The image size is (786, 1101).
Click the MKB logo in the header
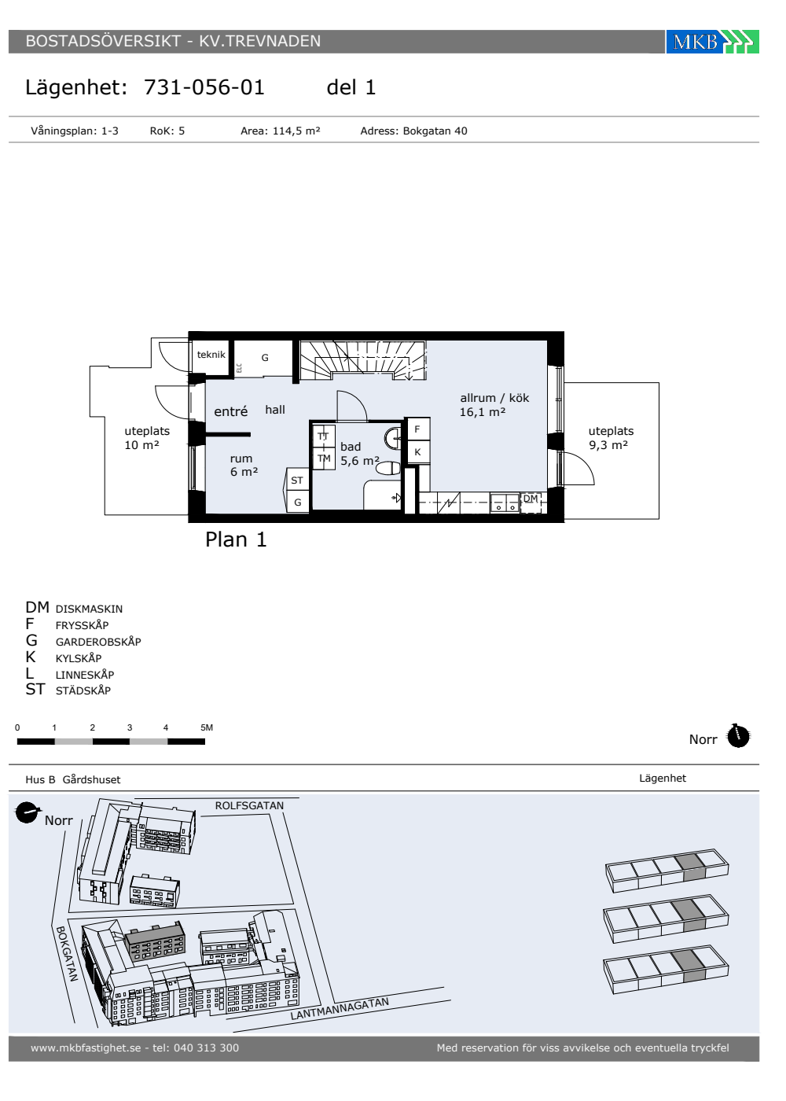(x=712, y=41)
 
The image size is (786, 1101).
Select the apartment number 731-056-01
(x=204, y=87)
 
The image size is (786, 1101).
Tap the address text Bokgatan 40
(x=435, y=131)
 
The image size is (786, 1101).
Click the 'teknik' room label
(x=211, y=355)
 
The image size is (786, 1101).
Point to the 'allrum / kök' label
(x=494, y=398)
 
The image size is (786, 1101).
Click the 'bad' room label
(x=351, y=447)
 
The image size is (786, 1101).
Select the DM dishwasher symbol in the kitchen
(x=531, y=502)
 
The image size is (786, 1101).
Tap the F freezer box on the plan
(x=417, y=429)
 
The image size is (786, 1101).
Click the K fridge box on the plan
(x=417, y=451)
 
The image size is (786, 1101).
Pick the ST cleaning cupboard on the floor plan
(x=297, y=480)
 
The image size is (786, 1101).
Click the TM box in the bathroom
(x=324, y=458)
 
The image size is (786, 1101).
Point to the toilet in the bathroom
(x=388, y=468)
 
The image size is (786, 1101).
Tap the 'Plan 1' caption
(x=236, y=539)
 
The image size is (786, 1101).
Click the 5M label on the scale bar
(x=206, y=727)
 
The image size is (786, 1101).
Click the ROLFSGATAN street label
(x=250, y=805)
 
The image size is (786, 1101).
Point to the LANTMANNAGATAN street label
(x=340, y=1008)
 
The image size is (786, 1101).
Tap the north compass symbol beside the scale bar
(x=738, y=736)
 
